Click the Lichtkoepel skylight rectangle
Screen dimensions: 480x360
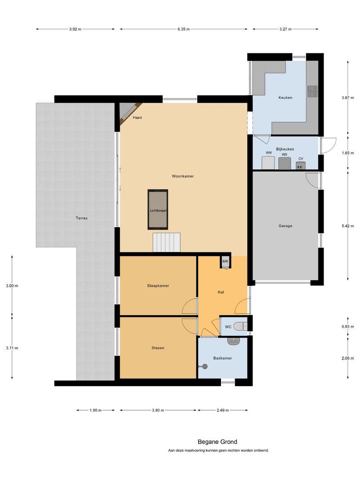pos(158,209)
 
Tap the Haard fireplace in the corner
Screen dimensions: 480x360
pos(129,112)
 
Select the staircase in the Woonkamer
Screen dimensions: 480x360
pos(167,242)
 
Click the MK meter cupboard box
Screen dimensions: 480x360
pos(225,262)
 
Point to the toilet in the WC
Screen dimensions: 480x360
pos(240,326)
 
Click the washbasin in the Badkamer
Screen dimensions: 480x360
pos(233,341)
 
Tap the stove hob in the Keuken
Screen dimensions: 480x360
pos(312,91)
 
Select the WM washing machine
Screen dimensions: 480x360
pos(268,162)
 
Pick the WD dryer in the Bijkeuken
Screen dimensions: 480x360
pos(284,163)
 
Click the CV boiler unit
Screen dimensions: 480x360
pos(301,165)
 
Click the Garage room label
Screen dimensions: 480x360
pos(285,226)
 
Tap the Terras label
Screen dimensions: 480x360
pos(82,218)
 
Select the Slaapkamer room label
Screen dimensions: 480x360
pos(158,286)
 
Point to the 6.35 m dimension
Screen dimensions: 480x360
pos(184,29)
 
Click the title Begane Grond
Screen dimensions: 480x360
pos(217,442)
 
